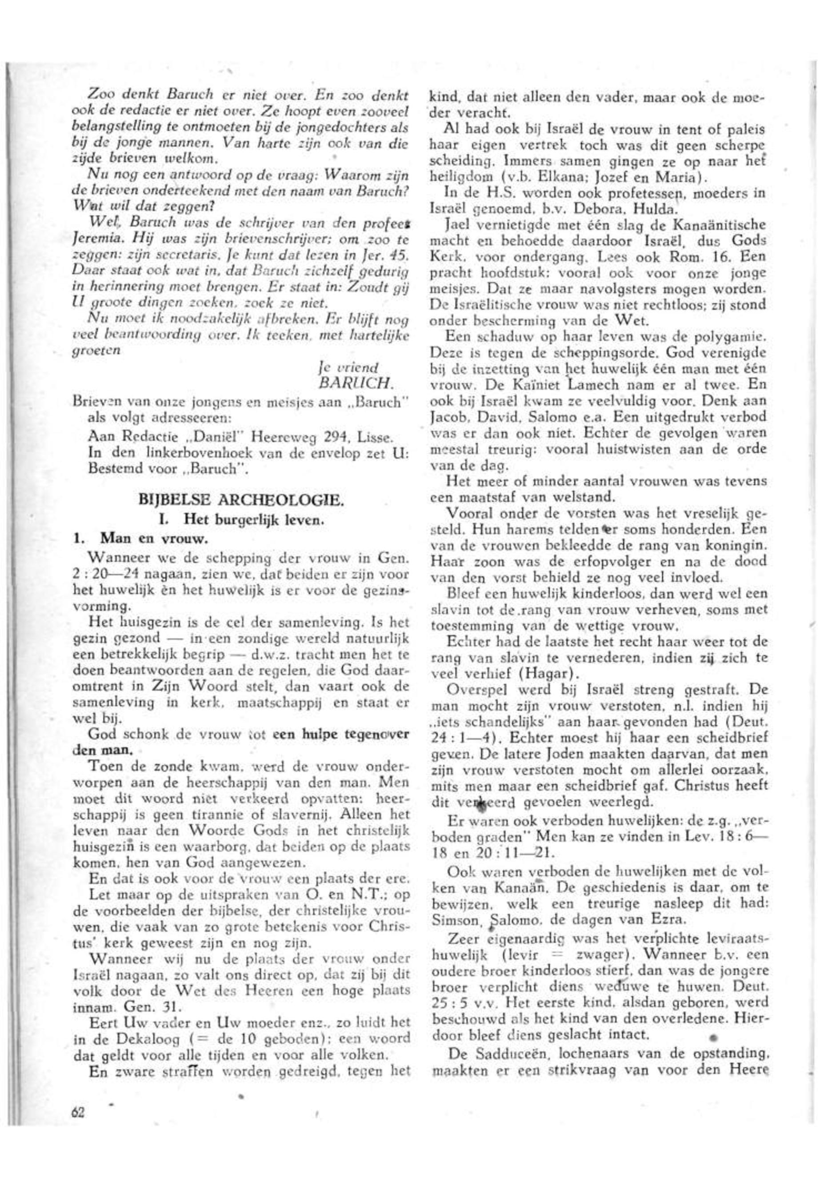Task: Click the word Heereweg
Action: coord(279,438)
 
